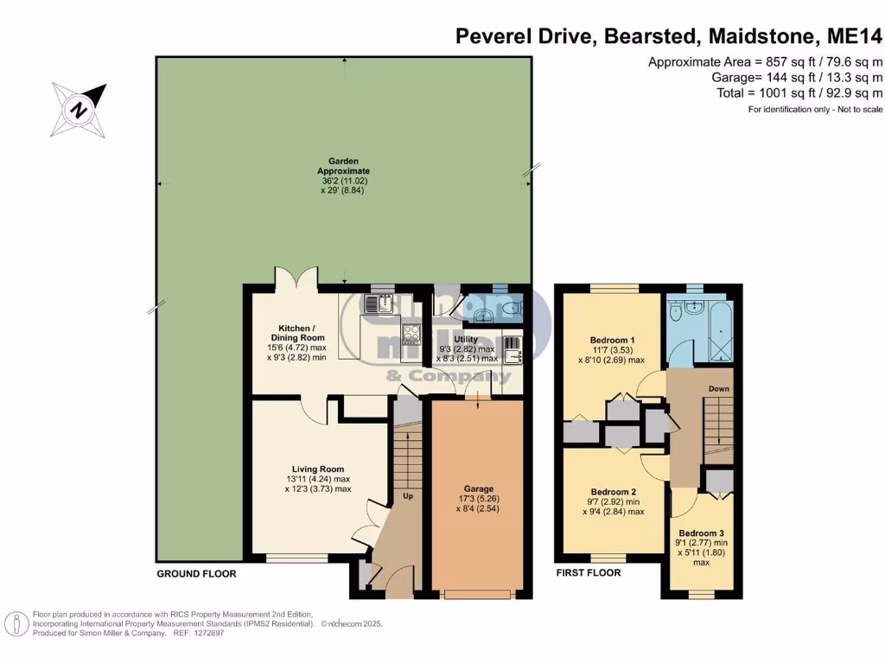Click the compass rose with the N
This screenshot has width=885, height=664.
[x=80, y=109]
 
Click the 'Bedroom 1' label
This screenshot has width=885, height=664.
[x=612, y=339]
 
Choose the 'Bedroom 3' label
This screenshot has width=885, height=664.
[x=701, y=533]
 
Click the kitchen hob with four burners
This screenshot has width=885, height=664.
[x=409, y=334]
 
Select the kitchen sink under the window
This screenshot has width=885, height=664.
[x=378, y=303]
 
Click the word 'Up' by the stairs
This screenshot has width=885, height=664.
[x=407, y=497]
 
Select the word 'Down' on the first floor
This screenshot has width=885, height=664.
[x=719, y=389]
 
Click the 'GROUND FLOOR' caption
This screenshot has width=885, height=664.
[x=196, y=574]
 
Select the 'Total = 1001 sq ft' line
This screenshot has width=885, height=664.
[x=799, y=93]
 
